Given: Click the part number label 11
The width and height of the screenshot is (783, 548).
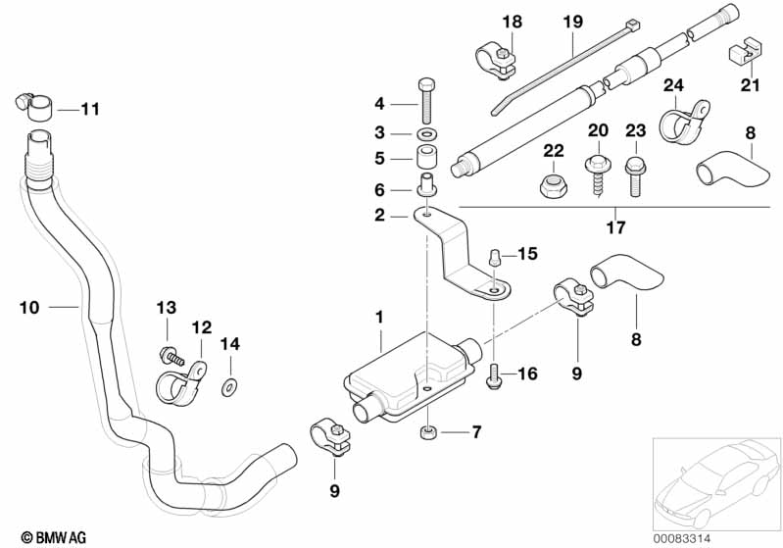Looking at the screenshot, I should [x=90, y=110].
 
